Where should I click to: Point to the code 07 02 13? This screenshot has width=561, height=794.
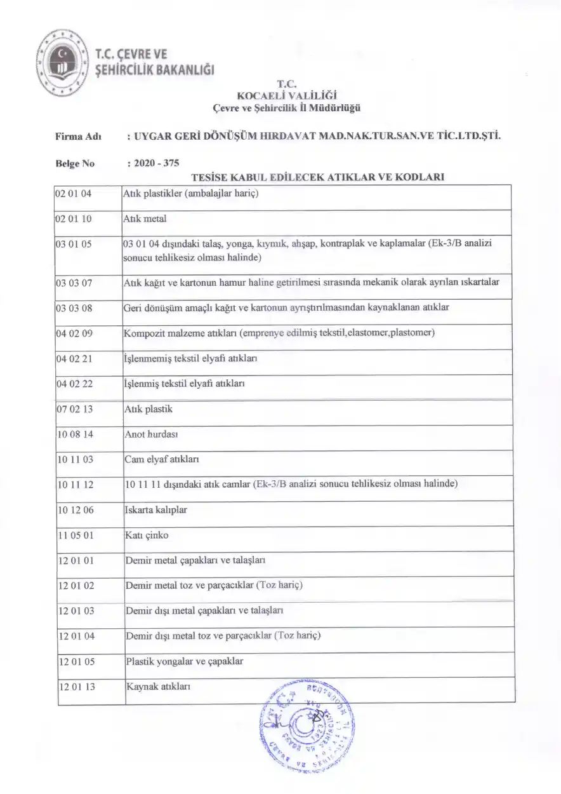click(x=75, y=409)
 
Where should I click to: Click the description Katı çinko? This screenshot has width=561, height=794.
click(x=147, y=535)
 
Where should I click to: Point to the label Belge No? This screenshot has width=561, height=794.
click(x=75, y=163)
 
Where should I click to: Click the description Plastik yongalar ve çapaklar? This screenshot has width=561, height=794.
click(x=185, y=661)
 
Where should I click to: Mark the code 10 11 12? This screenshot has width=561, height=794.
click(x=76, y=485)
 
